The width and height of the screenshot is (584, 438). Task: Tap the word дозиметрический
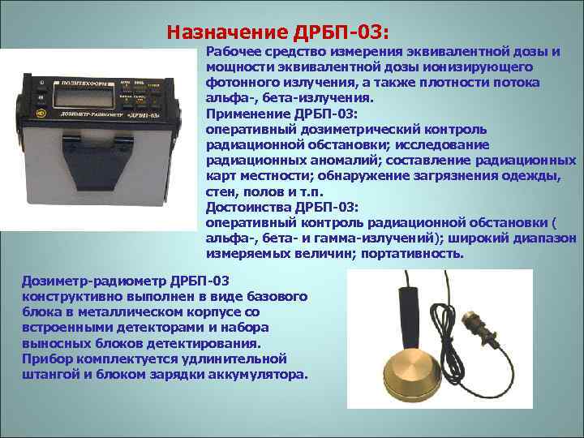350,128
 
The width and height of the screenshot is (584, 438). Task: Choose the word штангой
49,375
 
